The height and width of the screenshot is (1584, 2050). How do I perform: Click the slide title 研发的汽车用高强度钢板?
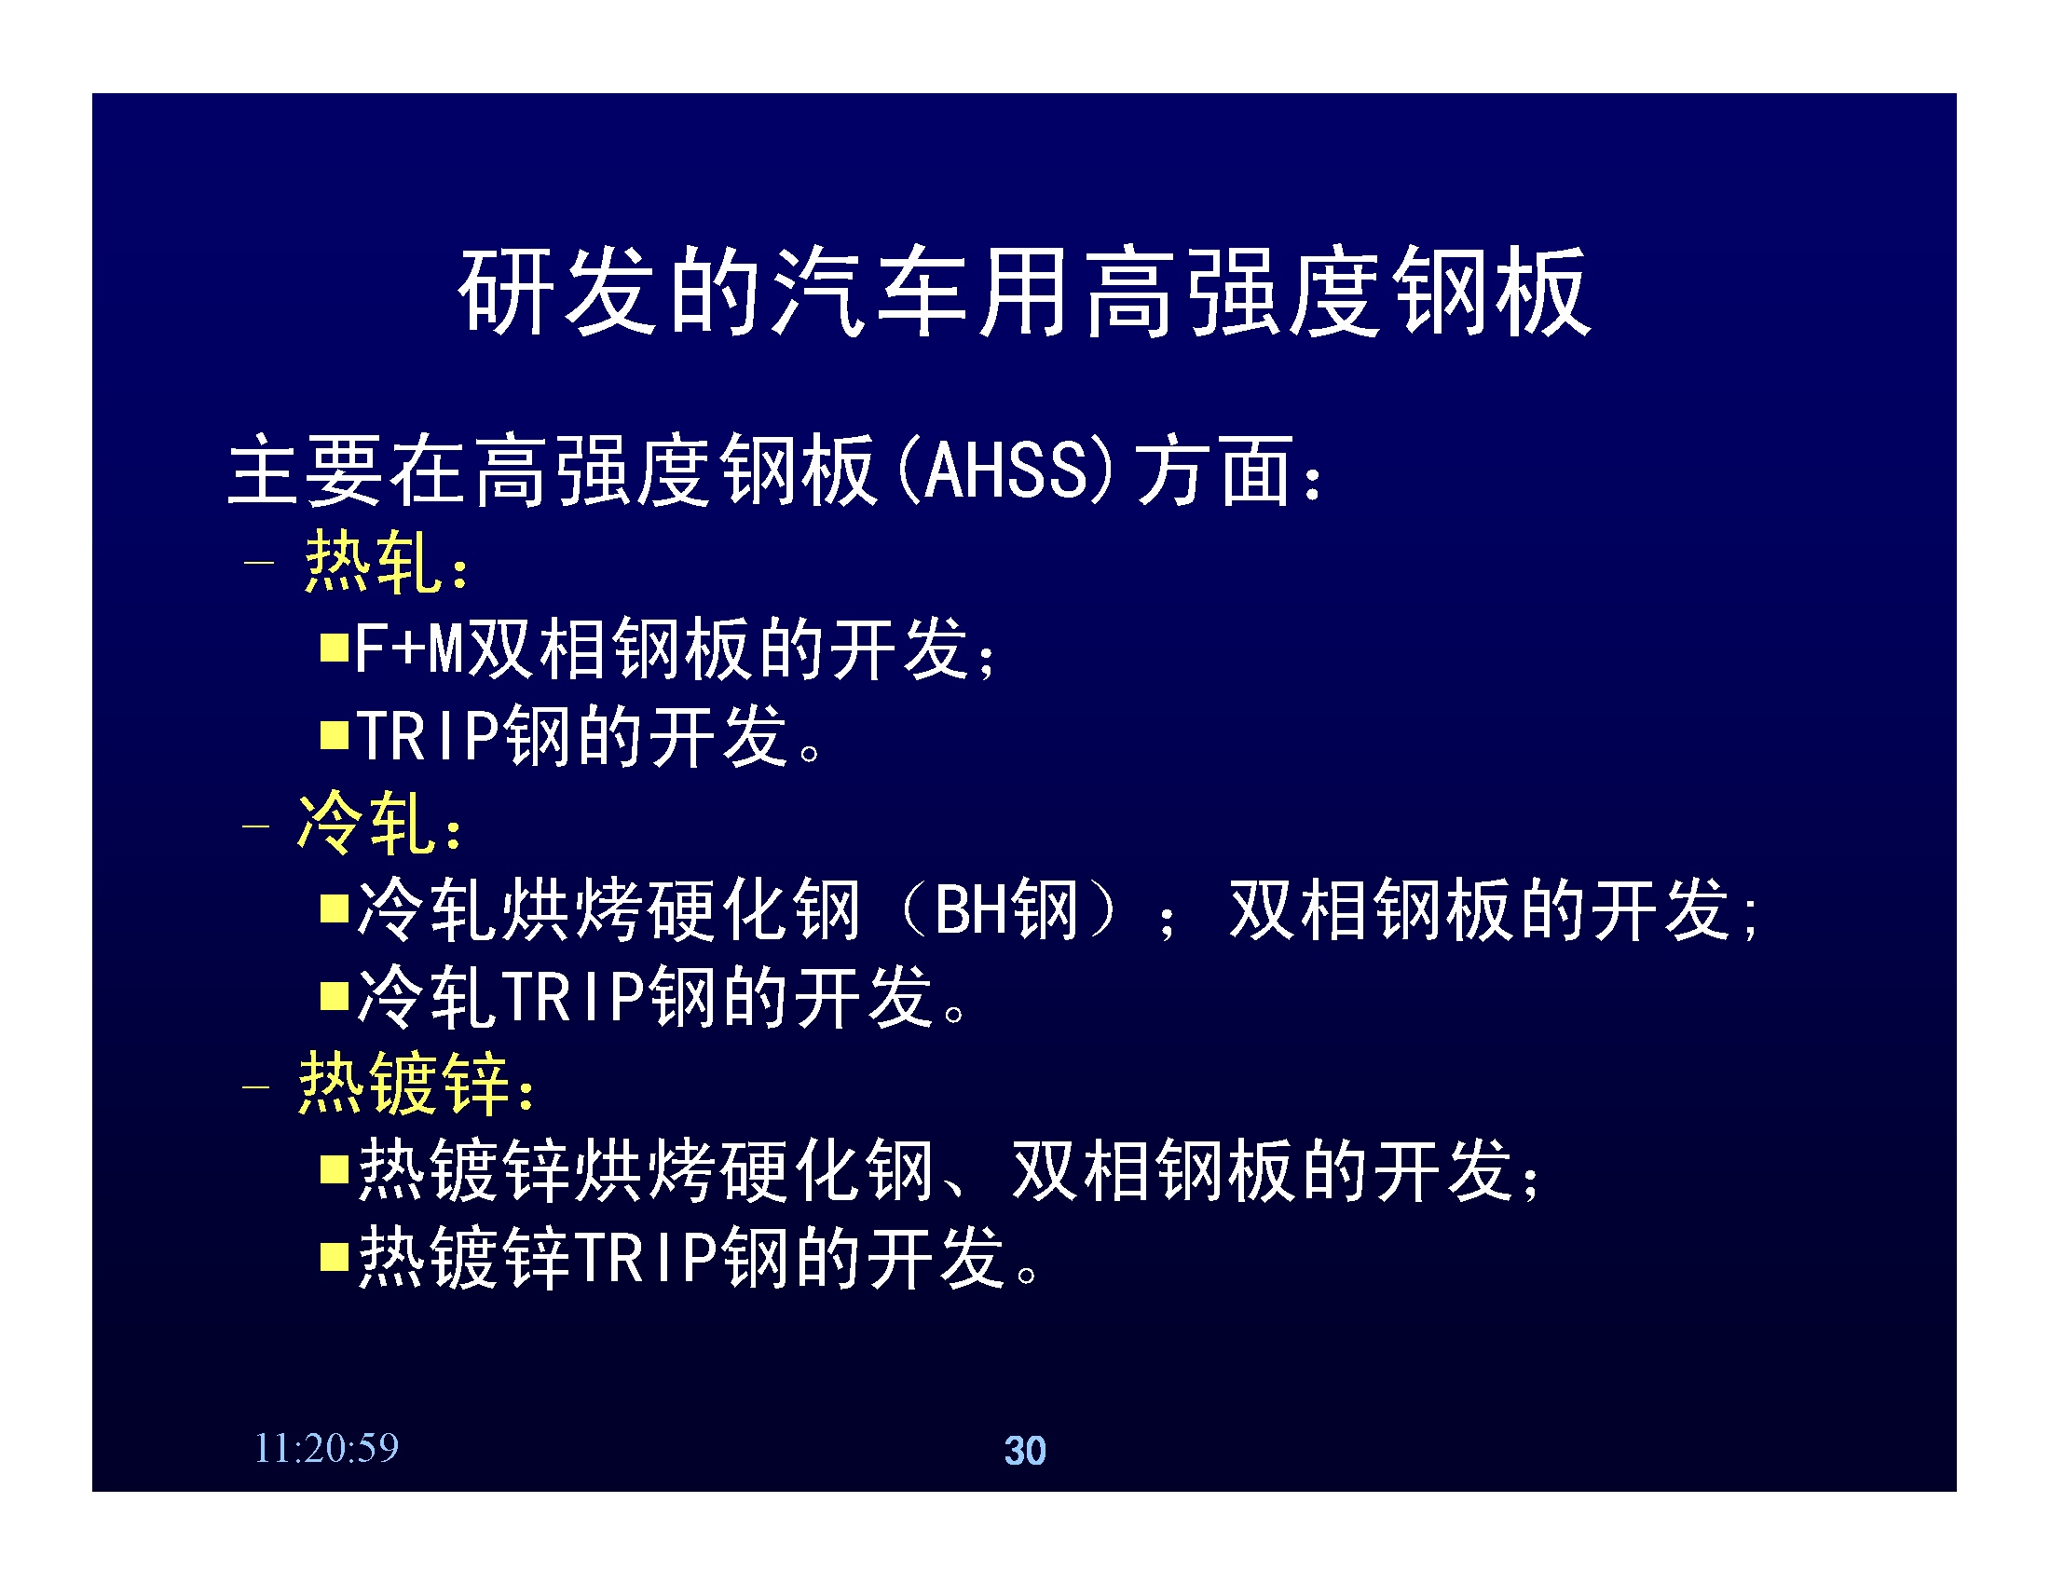point(1024,291)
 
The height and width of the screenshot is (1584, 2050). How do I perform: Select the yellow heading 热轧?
point(373,561)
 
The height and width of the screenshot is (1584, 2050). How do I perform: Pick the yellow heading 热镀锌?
point(403,1083)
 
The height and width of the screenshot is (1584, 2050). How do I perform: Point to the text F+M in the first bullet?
point(409,649)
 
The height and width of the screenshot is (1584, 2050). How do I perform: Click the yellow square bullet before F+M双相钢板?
point(335,648)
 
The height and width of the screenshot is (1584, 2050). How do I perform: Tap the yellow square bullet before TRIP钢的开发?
point(335,735)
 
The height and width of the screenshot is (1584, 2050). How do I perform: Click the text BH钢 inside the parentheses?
point(1006,908)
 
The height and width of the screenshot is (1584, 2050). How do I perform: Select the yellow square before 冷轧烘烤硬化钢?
point(335,908)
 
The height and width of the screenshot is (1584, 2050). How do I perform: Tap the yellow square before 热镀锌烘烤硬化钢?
point(335,1169)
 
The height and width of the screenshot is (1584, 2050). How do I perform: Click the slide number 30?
point(1025,1450)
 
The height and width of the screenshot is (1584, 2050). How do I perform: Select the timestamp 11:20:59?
point(327,1448)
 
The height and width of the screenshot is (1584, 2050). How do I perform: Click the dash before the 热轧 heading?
point(258,563)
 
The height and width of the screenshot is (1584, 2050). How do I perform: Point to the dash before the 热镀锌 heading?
point(256,1086)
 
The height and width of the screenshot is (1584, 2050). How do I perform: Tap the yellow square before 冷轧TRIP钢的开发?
point(335,996)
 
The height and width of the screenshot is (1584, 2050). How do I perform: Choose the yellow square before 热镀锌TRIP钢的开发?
point(335,1257)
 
